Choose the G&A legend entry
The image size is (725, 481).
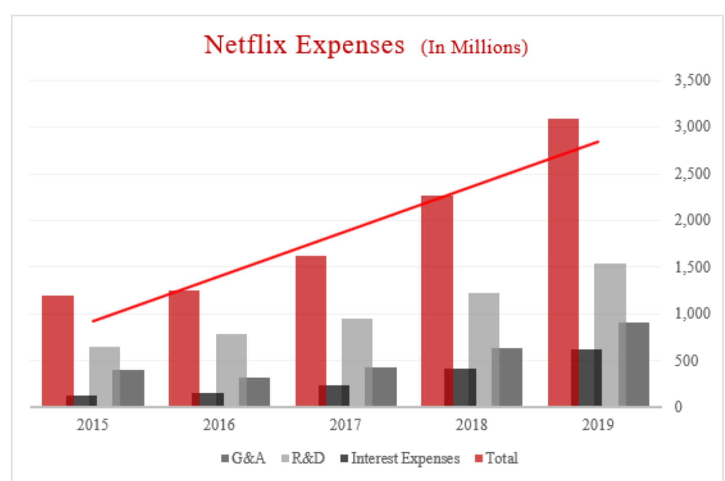(243, 458)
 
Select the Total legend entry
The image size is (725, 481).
(497, 458)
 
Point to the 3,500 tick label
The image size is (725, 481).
(692, 80)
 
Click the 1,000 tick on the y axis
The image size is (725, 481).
(692, 313)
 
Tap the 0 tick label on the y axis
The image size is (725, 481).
(678, 407)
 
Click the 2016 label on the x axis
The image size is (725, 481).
(219, 425)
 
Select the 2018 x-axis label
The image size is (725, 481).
(471, 425)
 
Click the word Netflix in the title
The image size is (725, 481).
(245, 45)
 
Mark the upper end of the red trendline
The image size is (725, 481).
(598, 142)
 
